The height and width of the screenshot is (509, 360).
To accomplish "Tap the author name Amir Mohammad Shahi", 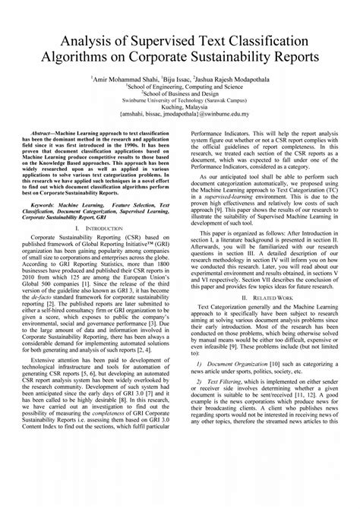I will click(125, 78).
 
